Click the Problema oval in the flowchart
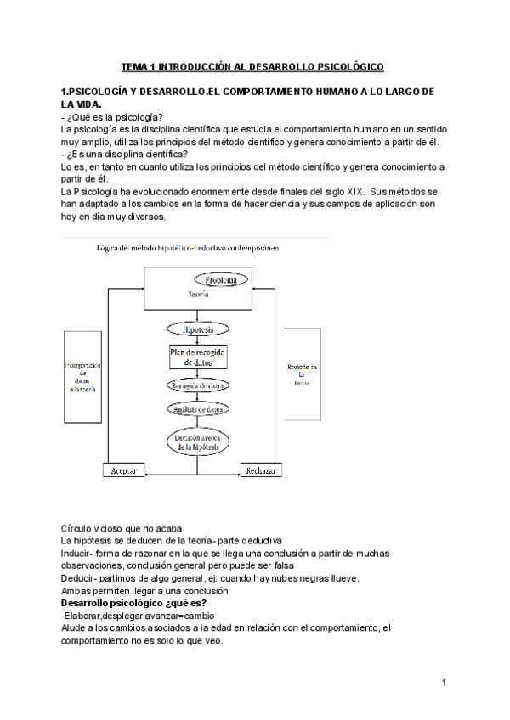point(225,279)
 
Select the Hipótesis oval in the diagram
point(196,329)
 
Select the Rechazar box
point(262,470)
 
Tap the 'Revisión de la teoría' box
point(303,374)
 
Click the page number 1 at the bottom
point(445,683)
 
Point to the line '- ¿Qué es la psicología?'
point(113,116)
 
